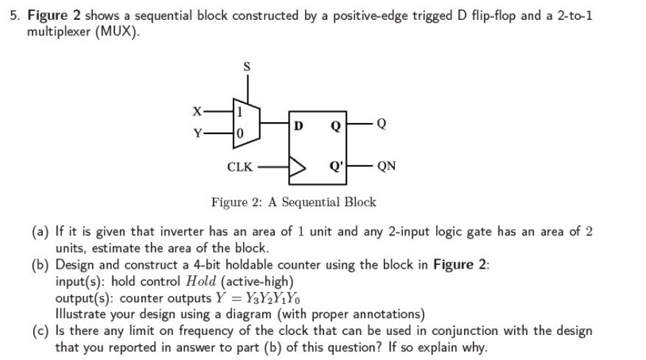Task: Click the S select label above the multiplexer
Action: (247, 67)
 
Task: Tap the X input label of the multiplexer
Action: (196, 111)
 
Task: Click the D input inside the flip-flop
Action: (298, 124)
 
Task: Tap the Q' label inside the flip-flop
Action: (336, 166)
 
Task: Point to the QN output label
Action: (386, 166)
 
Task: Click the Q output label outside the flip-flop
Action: (380, 124)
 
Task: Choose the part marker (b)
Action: (41, 265)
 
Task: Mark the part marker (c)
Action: (40, 331)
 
